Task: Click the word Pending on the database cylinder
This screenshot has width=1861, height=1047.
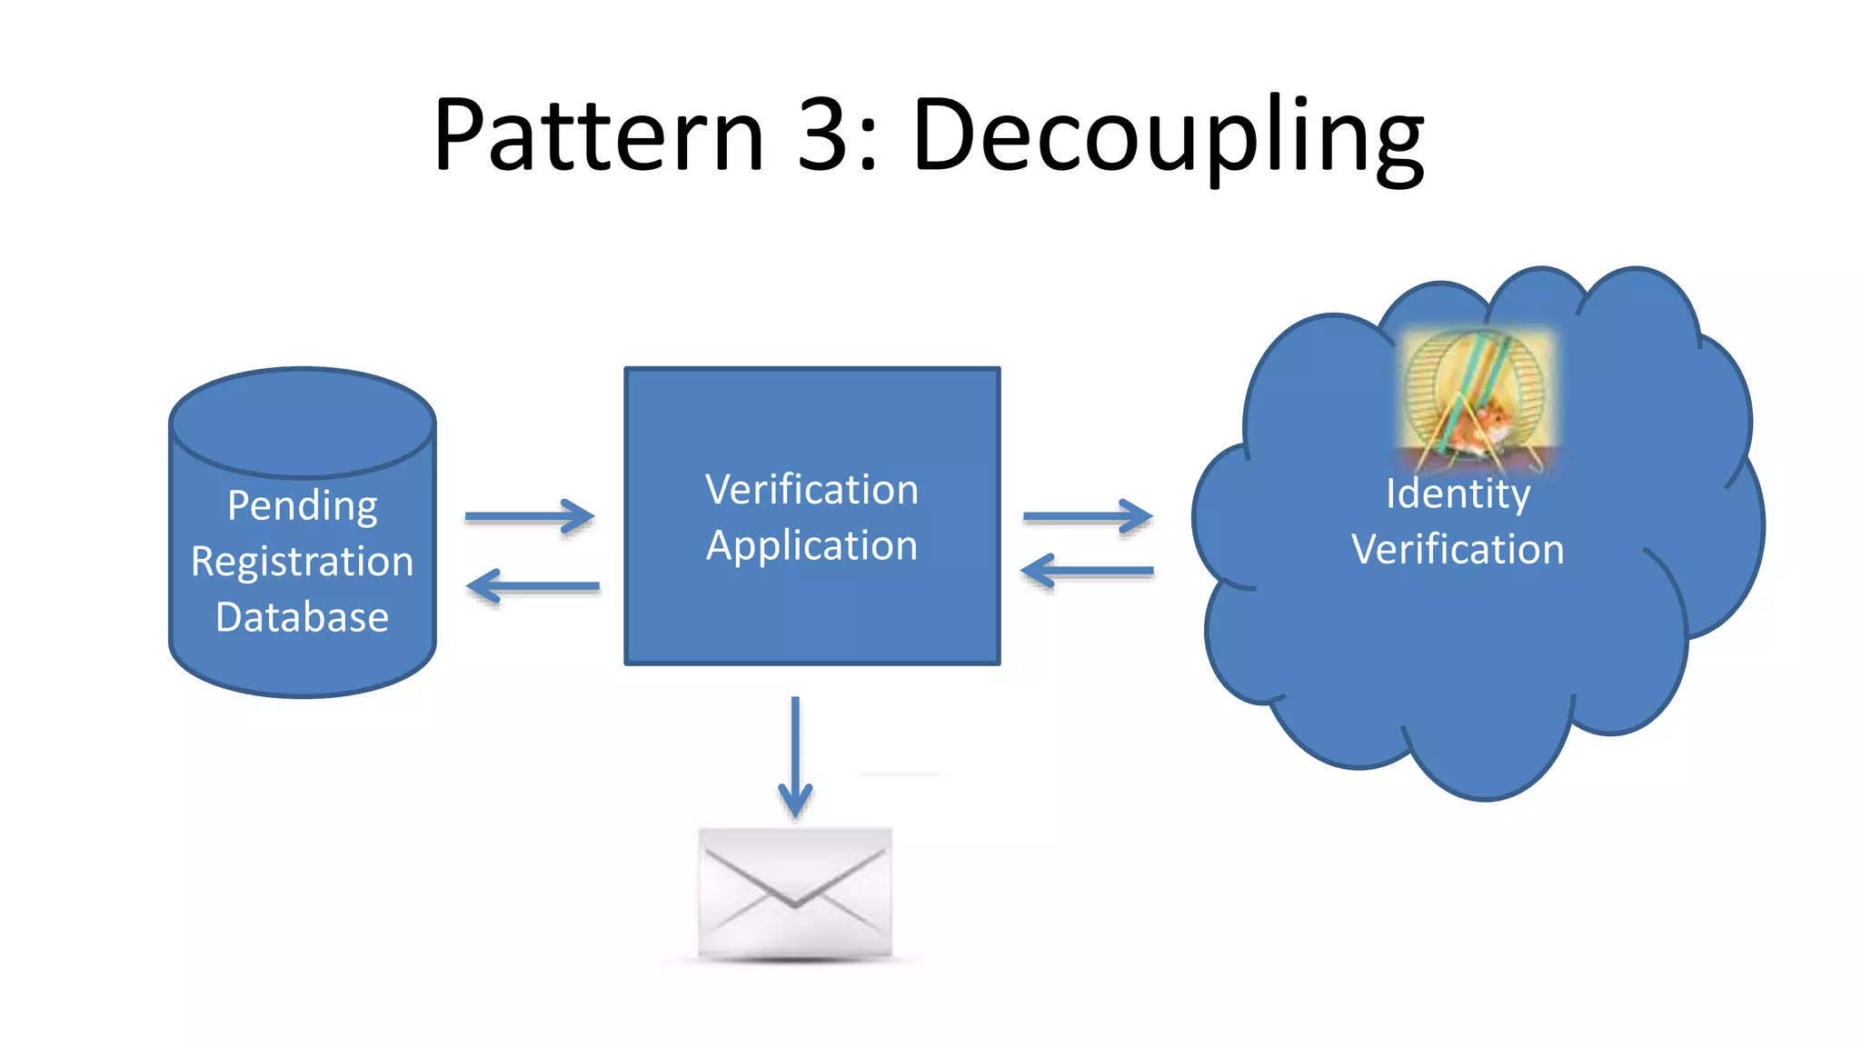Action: tap(302, 505)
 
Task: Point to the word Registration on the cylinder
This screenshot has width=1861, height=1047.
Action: tap(302, 562)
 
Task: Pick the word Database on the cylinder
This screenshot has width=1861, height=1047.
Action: tap(302, 617)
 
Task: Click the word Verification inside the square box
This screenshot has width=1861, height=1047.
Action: tap(811, 490)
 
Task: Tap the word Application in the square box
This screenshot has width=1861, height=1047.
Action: tap(811, 546)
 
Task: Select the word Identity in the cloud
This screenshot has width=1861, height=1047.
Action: tap(1458, 494)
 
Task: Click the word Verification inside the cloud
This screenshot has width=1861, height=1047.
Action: tap(1458, 549)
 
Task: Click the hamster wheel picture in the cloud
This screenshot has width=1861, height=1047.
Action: tap(1477, 400)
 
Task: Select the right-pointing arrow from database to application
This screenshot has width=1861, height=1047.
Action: tap(530, 516)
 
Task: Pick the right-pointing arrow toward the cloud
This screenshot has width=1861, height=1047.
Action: tap(1088, 516)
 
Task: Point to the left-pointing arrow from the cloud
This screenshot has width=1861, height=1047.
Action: tap(1087, 572)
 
